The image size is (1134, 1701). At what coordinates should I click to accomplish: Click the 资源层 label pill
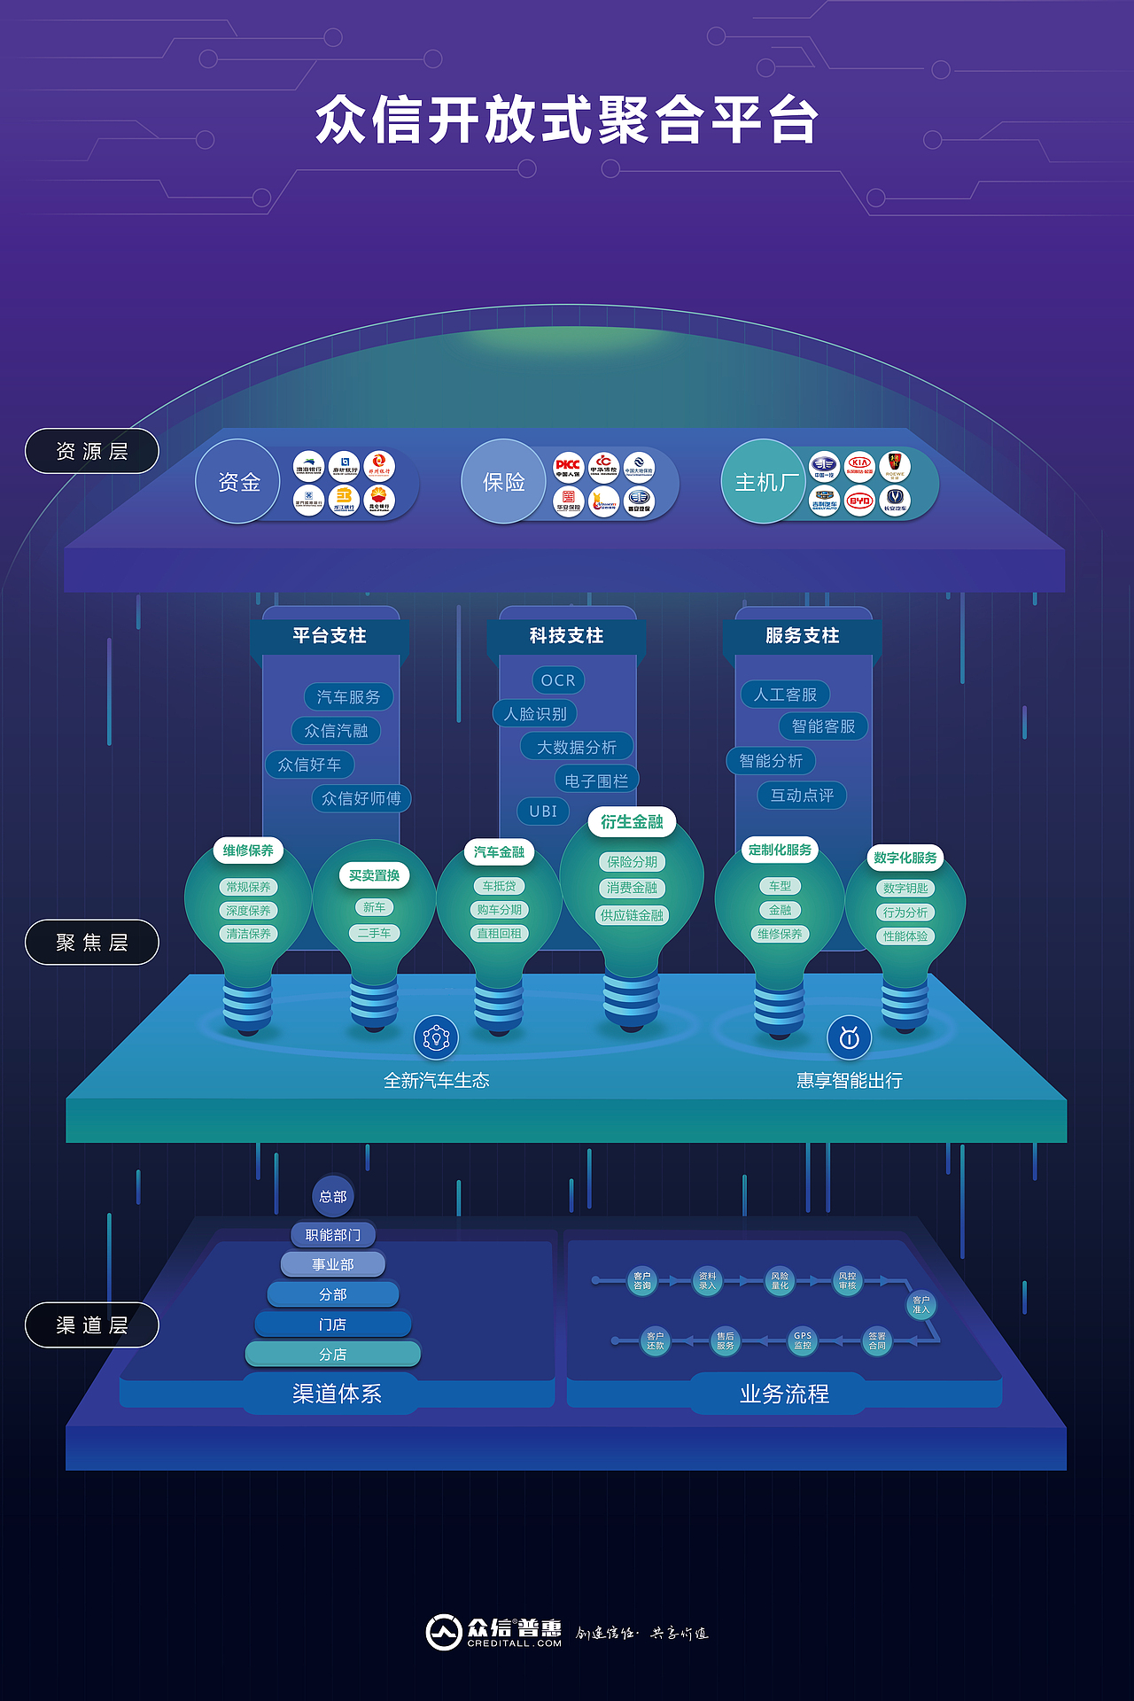pyautogui.click(x=91, y=451)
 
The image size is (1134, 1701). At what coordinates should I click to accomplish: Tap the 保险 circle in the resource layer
pyautogui.click(x=503, y=482)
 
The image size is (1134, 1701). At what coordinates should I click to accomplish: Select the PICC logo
pyautogui.click(x=568, y=466)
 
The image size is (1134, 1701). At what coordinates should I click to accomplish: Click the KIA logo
pyautogui.click(x=859, y=465)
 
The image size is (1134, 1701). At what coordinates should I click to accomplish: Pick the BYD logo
pyautogui.click(x=859, y=501)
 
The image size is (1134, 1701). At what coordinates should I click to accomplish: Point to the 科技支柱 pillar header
pyautogui.click(x=566, y=635)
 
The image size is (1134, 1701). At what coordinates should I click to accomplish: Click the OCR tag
pyautogui.click(x=558, y=680)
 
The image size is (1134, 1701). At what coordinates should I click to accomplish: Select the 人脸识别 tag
pyautogui.click(x=535, y=713)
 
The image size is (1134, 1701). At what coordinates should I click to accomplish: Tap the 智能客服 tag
pyautogui.click(x=823, y=726)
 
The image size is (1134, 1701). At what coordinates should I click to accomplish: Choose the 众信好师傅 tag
pyautogui.click(x=361, y=798)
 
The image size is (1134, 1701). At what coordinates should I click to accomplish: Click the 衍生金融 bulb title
pyautogui.click(x=632, y=822)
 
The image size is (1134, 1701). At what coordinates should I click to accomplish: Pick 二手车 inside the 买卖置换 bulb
pyautogui.click(x=374, y=933)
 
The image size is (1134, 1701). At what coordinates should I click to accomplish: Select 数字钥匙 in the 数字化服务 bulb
pyautogui.click(x=905, y=888)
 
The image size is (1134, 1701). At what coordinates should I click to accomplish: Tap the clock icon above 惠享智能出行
pyautogui.click(x=849, y=1037)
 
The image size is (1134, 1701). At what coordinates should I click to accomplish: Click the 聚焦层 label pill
pyautogui.click(x=91, y=943)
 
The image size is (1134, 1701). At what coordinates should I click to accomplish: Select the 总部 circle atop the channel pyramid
pyautogui.click(x=333, y=1197)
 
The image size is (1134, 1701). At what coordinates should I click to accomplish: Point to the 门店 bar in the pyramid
pyautogui.click(x=333, y=1324)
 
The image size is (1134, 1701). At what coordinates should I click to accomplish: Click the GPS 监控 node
pyautogui.click(x=803, y=1340)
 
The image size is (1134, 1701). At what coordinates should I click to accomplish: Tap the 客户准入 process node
pyautogui.click(x=921, y=1304)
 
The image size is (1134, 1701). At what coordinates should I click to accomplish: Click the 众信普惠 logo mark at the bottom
pyautogui.click(x=444, y=1632)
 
